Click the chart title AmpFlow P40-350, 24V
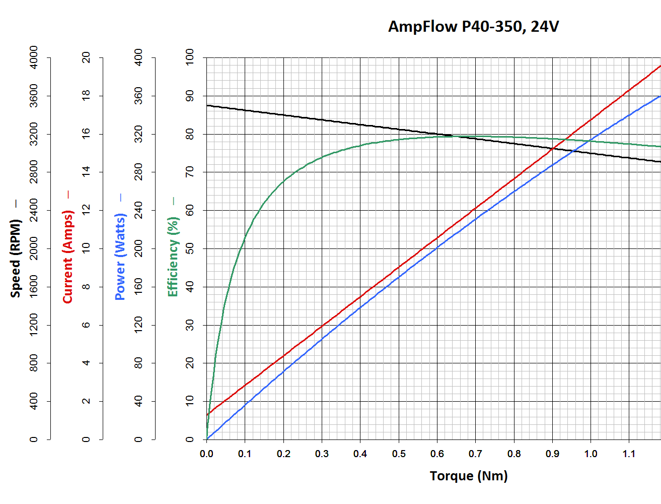473,26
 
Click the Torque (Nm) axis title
469,476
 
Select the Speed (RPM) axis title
16,258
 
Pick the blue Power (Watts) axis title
120,257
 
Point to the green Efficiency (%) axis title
173,257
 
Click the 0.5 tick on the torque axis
399,454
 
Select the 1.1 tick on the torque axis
629,454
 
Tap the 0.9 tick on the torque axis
552,454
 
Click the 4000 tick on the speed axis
33,57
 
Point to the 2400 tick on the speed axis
33,210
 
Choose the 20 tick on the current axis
86,57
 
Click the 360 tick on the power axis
138,96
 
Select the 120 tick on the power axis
138,325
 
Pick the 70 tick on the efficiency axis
190,172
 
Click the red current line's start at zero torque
207,415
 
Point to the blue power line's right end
659,96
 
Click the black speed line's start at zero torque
207,105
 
